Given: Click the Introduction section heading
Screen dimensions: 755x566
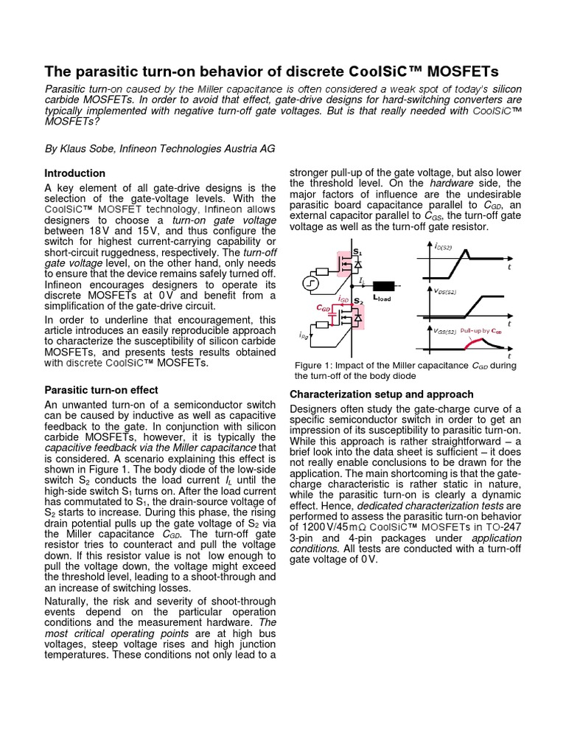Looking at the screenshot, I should tap(75, 173).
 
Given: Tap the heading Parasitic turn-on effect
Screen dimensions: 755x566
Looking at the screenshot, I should tap(102, 390).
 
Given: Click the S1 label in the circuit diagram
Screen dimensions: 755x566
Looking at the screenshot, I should tap(358, 252).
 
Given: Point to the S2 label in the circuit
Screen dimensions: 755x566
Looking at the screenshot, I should tap(358, 302).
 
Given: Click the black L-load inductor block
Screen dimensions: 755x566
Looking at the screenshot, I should tap(383, 286).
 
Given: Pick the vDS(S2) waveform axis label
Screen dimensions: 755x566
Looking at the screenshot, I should tap(445, 291).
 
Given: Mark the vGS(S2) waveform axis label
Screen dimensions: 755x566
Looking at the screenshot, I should tap(445, 332).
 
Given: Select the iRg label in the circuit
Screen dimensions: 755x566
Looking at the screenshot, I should tap(304, 336).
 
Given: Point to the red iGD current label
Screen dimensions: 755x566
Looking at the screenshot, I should tap(343, 299).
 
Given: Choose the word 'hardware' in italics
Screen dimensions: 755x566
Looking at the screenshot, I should tap(451, 183).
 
